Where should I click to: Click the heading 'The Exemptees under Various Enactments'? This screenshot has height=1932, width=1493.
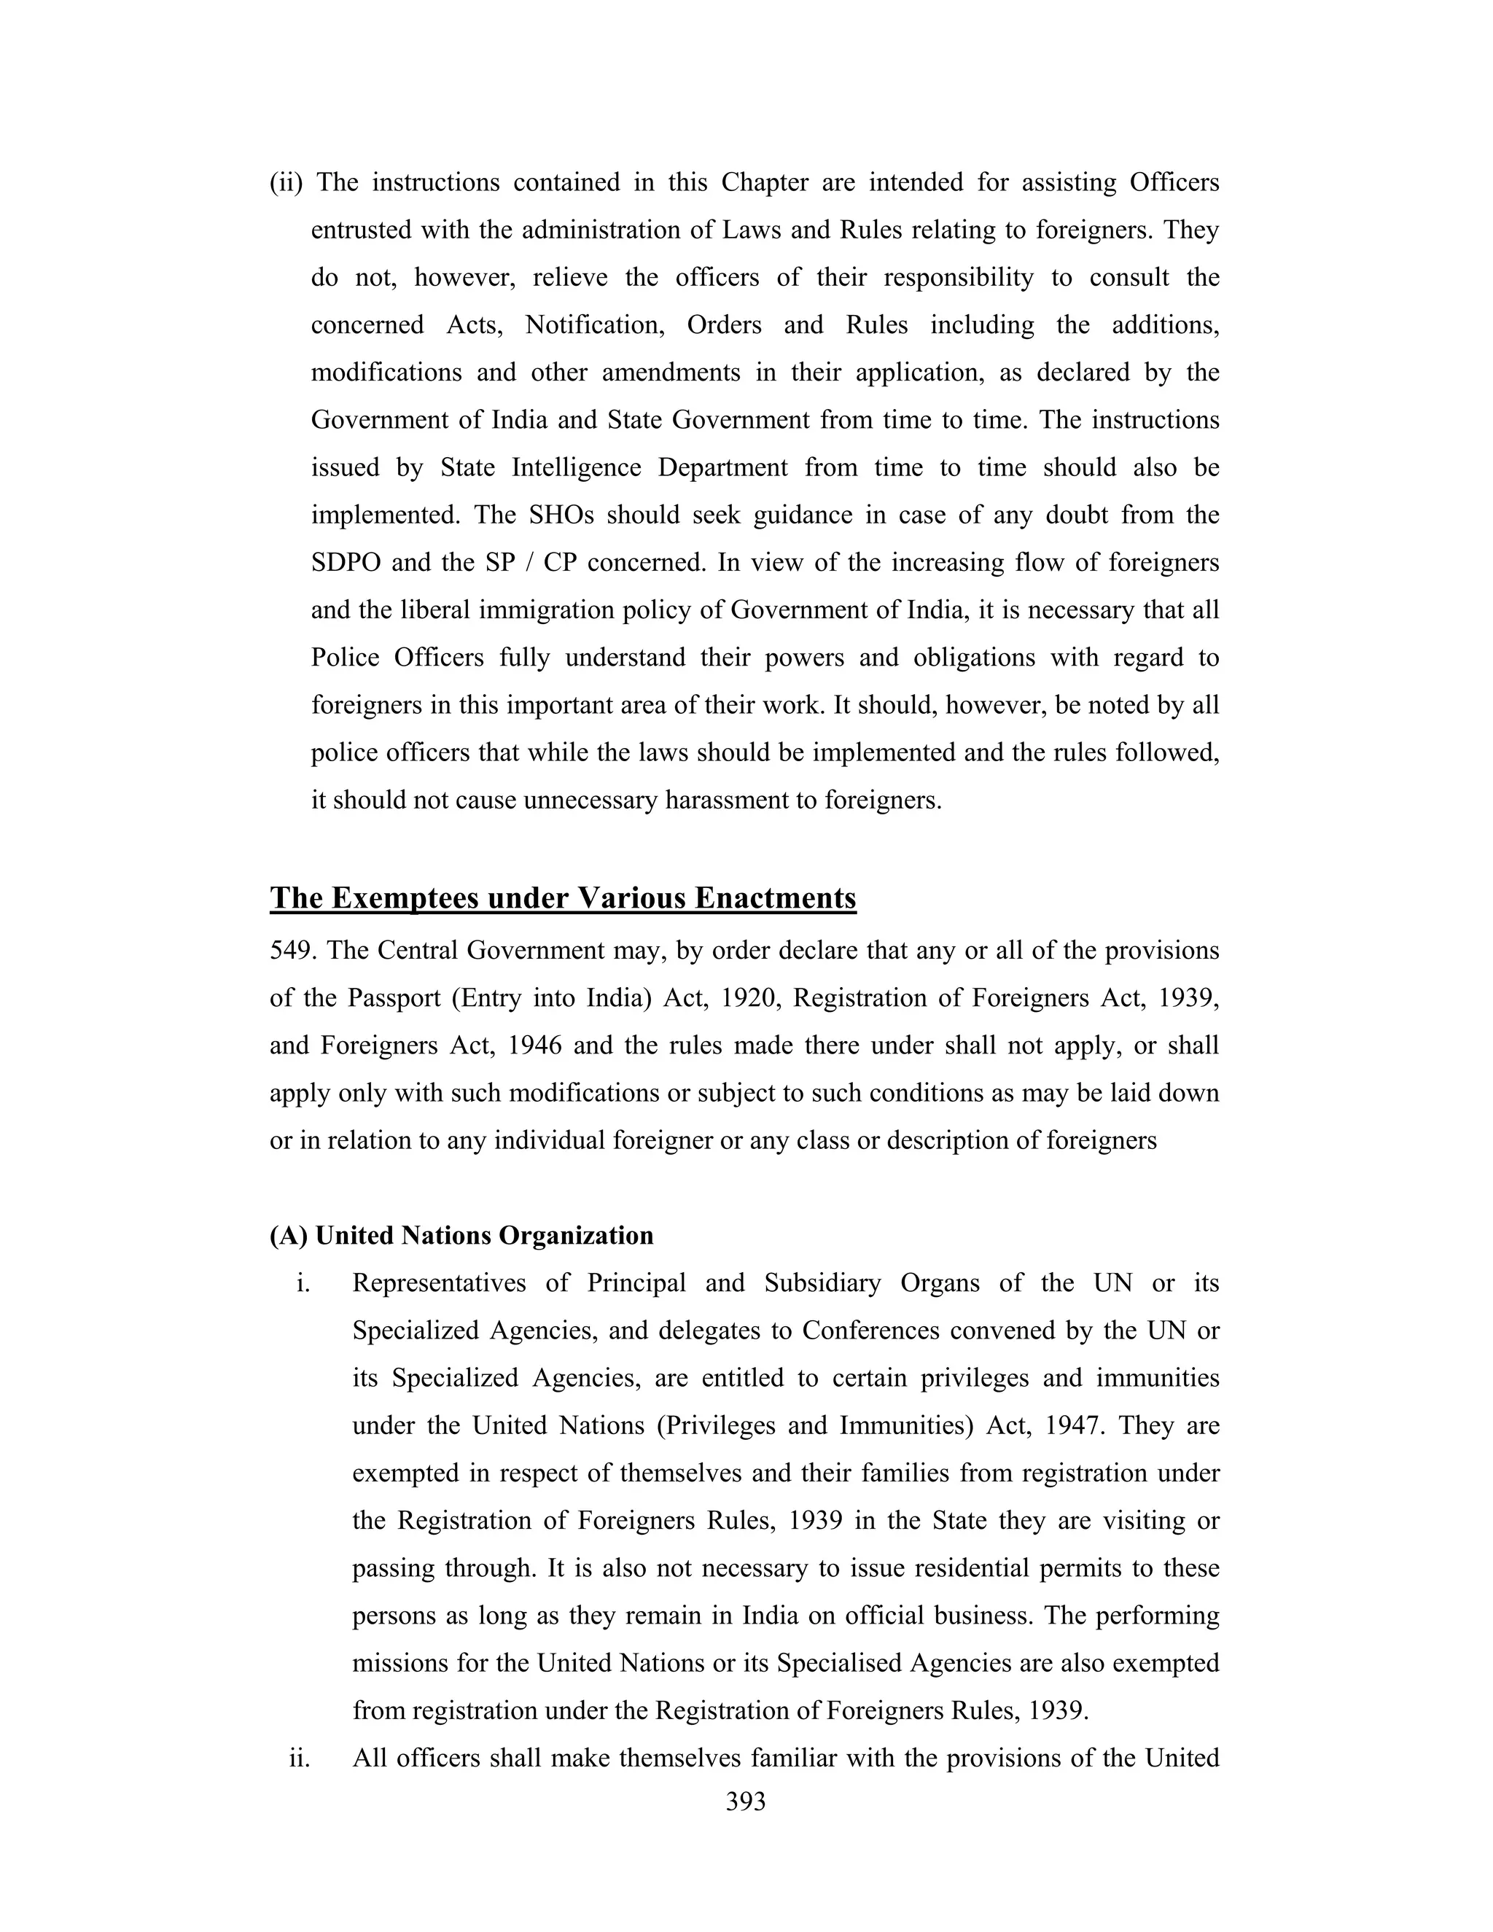[x=563, y=898]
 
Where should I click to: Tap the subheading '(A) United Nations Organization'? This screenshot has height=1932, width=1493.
[x=461, y=1236]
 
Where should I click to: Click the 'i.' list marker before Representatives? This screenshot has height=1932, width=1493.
[x=303, y=1284]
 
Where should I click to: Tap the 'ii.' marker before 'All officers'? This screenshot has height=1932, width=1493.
[x=300, y=1758]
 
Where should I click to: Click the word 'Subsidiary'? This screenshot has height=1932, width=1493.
[x=822, y=1284]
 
